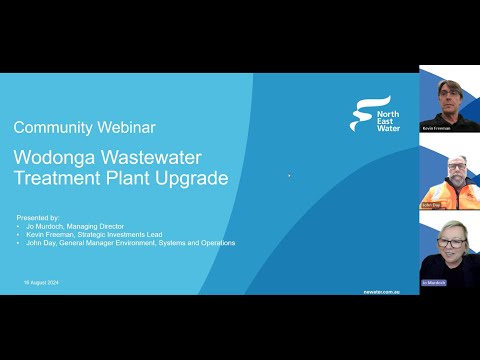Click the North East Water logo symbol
363,112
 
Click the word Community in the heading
51,127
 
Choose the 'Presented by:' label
39,217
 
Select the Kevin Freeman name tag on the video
436,128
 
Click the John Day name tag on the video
430,205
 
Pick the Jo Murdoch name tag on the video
433,283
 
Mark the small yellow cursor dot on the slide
289,176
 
